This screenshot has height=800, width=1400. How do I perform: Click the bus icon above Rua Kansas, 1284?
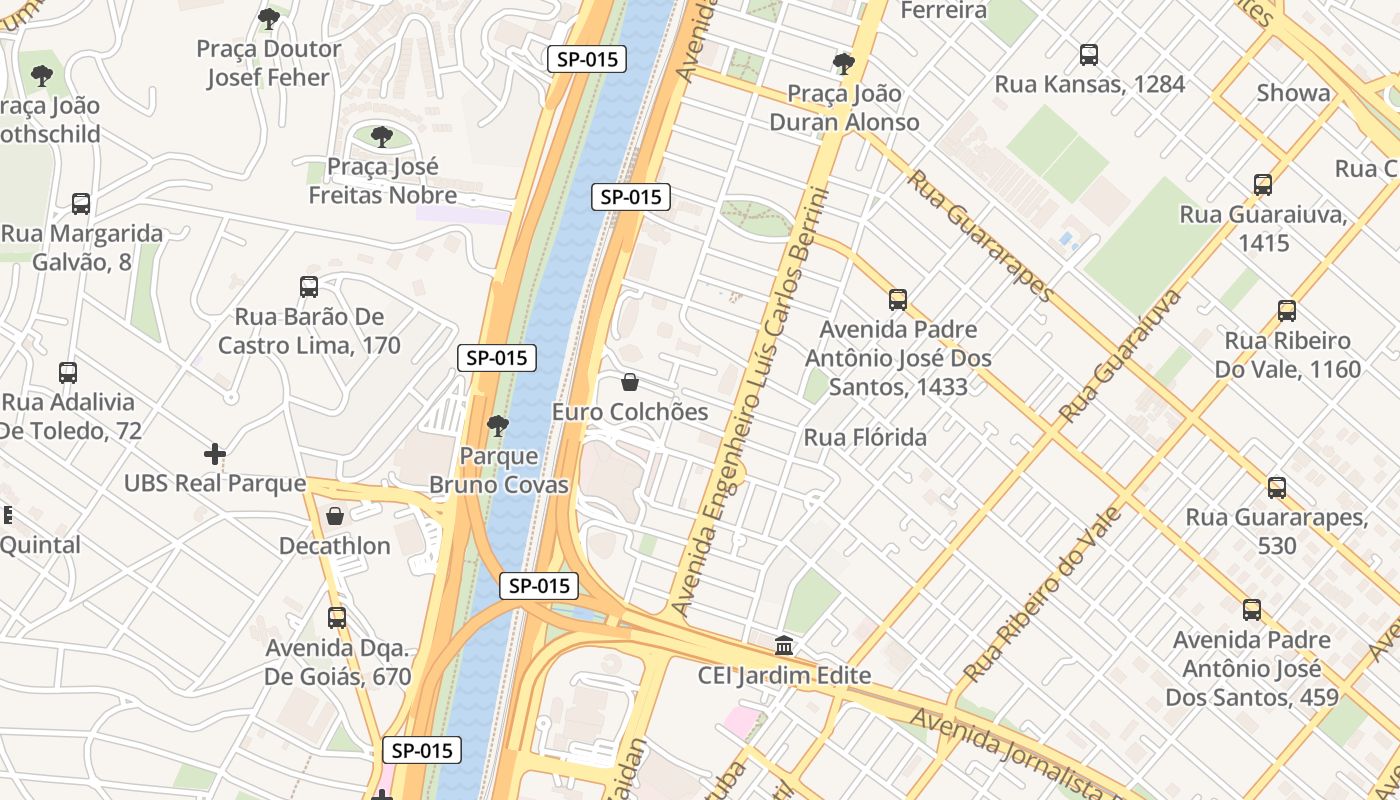click(x=1089, y=55)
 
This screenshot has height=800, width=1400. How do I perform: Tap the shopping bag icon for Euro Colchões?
click(x=630, y=382)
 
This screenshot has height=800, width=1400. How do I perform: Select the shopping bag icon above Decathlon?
click(x=335, y=516)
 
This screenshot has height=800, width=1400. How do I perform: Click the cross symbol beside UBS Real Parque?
click(x=215, y=454)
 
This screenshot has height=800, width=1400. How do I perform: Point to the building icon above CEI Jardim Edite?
click(x=785, y=646)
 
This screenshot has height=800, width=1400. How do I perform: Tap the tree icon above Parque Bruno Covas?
click(x=498, y=426)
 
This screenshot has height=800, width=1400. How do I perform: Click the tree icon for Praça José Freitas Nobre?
click(x=381, y=137)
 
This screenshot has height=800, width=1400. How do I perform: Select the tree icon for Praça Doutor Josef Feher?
click(x=268, y=19)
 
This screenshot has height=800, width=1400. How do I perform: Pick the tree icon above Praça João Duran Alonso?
click(x=844, y=64)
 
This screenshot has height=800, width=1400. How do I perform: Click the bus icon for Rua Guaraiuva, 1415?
click(x=1263, y=185)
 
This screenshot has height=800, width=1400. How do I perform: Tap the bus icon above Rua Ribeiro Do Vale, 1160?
click(x=1287, y=311)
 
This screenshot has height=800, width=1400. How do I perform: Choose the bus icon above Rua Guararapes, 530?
click(x=1277, y=488)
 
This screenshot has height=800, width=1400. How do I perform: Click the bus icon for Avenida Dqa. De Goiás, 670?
click(x=337, y=618)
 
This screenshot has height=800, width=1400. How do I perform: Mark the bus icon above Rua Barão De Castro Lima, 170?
click(x=309, y=287)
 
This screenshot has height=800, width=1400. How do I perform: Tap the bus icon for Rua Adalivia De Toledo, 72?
click(x=68, y=373)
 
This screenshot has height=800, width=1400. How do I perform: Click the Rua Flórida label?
click(x=865, y=438)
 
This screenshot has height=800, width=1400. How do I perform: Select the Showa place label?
click(x=1293, y=93)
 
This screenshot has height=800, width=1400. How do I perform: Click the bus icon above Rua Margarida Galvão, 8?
click(x=81, y=204)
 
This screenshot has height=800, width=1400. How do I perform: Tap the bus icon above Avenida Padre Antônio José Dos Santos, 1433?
click(x=898, y=300)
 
